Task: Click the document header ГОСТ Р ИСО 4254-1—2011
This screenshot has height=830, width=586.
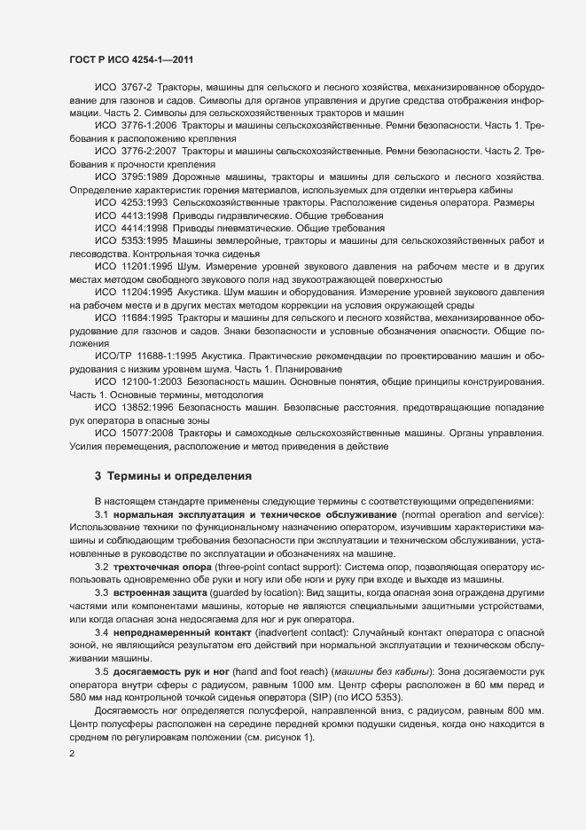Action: [x=130, y=59]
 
